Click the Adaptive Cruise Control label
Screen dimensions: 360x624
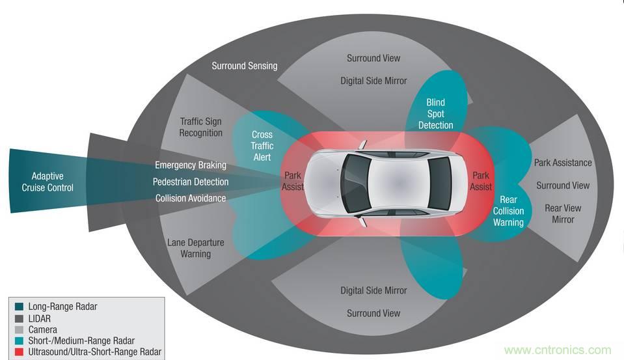53,182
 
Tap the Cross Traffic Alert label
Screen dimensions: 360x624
262,146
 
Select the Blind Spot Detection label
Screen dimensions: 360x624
435,114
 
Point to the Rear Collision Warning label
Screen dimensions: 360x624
508,211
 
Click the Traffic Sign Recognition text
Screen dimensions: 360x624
201,127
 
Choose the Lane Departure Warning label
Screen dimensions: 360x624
196,248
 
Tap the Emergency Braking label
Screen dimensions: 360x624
191,165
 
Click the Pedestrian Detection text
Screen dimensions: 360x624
191,182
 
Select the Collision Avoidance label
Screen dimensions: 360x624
191,198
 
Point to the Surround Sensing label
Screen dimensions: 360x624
245,66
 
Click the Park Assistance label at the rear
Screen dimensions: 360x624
563,162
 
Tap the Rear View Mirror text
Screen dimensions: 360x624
563,214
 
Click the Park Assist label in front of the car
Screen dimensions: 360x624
292,182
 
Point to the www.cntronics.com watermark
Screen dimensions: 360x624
558,350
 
